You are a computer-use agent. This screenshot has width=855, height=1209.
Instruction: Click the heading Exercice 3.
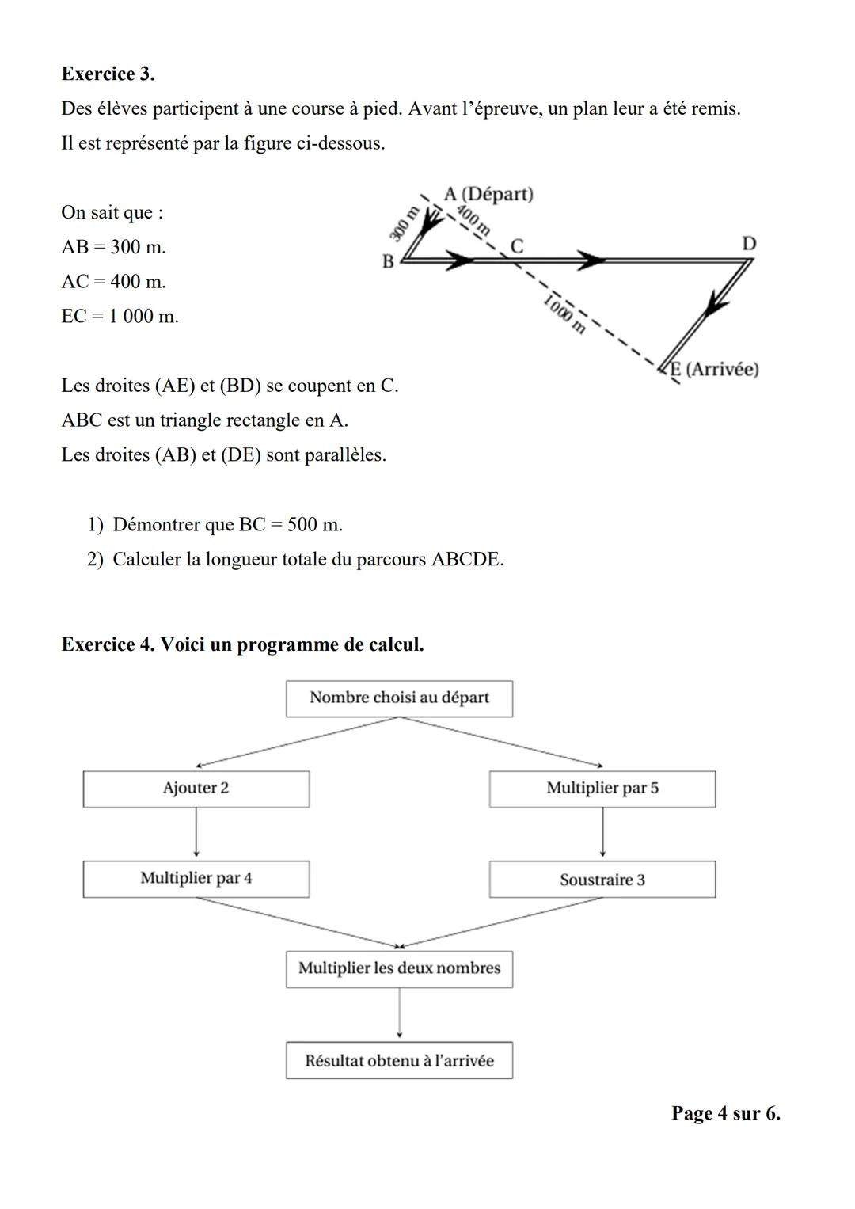point(108,74)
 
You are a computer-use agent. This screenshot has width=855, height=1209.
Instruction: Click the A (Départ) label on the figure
point(488,194)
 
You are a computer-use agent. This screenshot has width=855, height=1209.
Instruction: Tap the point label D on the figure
point(748,243)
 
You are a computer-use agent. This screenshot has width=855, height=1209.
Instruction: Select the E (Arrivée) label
point(715,369)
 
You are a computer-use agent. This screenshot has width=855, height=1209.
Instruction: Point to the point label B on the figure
point(388,261)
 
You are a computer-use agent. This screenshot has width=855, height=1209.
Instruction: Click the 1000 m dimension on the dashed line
point(565,313)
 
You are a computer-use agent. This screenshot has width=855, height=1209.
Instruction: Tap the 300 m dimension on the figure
point(403,222)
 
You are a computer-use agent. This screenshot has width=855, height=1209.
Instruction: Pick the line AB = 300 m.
point(113,247)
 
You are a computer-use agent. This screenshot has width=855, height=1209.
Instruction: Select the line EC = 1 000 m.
point(120,316)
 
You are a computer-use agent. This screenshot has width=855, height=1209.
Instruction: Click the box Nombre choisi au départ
point(399,698)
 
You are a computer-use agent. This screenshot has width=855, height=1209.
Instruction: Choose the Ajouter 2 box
point(196,789)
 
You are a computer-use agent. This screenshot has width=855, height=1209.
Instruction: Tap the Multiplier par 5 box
point(602,789)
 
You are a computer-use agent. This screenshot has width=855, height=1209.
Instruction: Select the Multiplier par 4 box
point(196,879)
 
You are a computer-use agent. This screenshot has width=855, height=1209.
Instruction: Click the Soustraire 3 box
point(602,880)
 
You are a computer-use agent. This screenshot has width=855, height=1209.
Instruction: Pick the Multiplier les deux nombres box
point(399,969)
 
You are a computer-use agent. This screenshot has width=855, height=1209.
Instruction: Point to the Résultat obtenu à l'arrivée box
point(399,1061)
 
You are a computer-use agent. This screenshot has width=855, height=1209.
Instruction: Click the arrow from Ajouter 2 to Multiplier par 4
point(196,833)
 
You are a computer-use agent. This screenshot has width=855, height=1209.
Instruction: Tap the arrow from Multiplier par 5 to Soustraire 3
point(602,833)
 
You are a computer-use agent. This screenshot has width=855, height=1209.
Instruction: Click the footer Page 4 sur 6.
point(725,1113)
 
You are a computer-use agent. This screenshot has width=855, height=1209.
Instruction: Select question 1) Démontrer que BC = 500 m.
point(215,524)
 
